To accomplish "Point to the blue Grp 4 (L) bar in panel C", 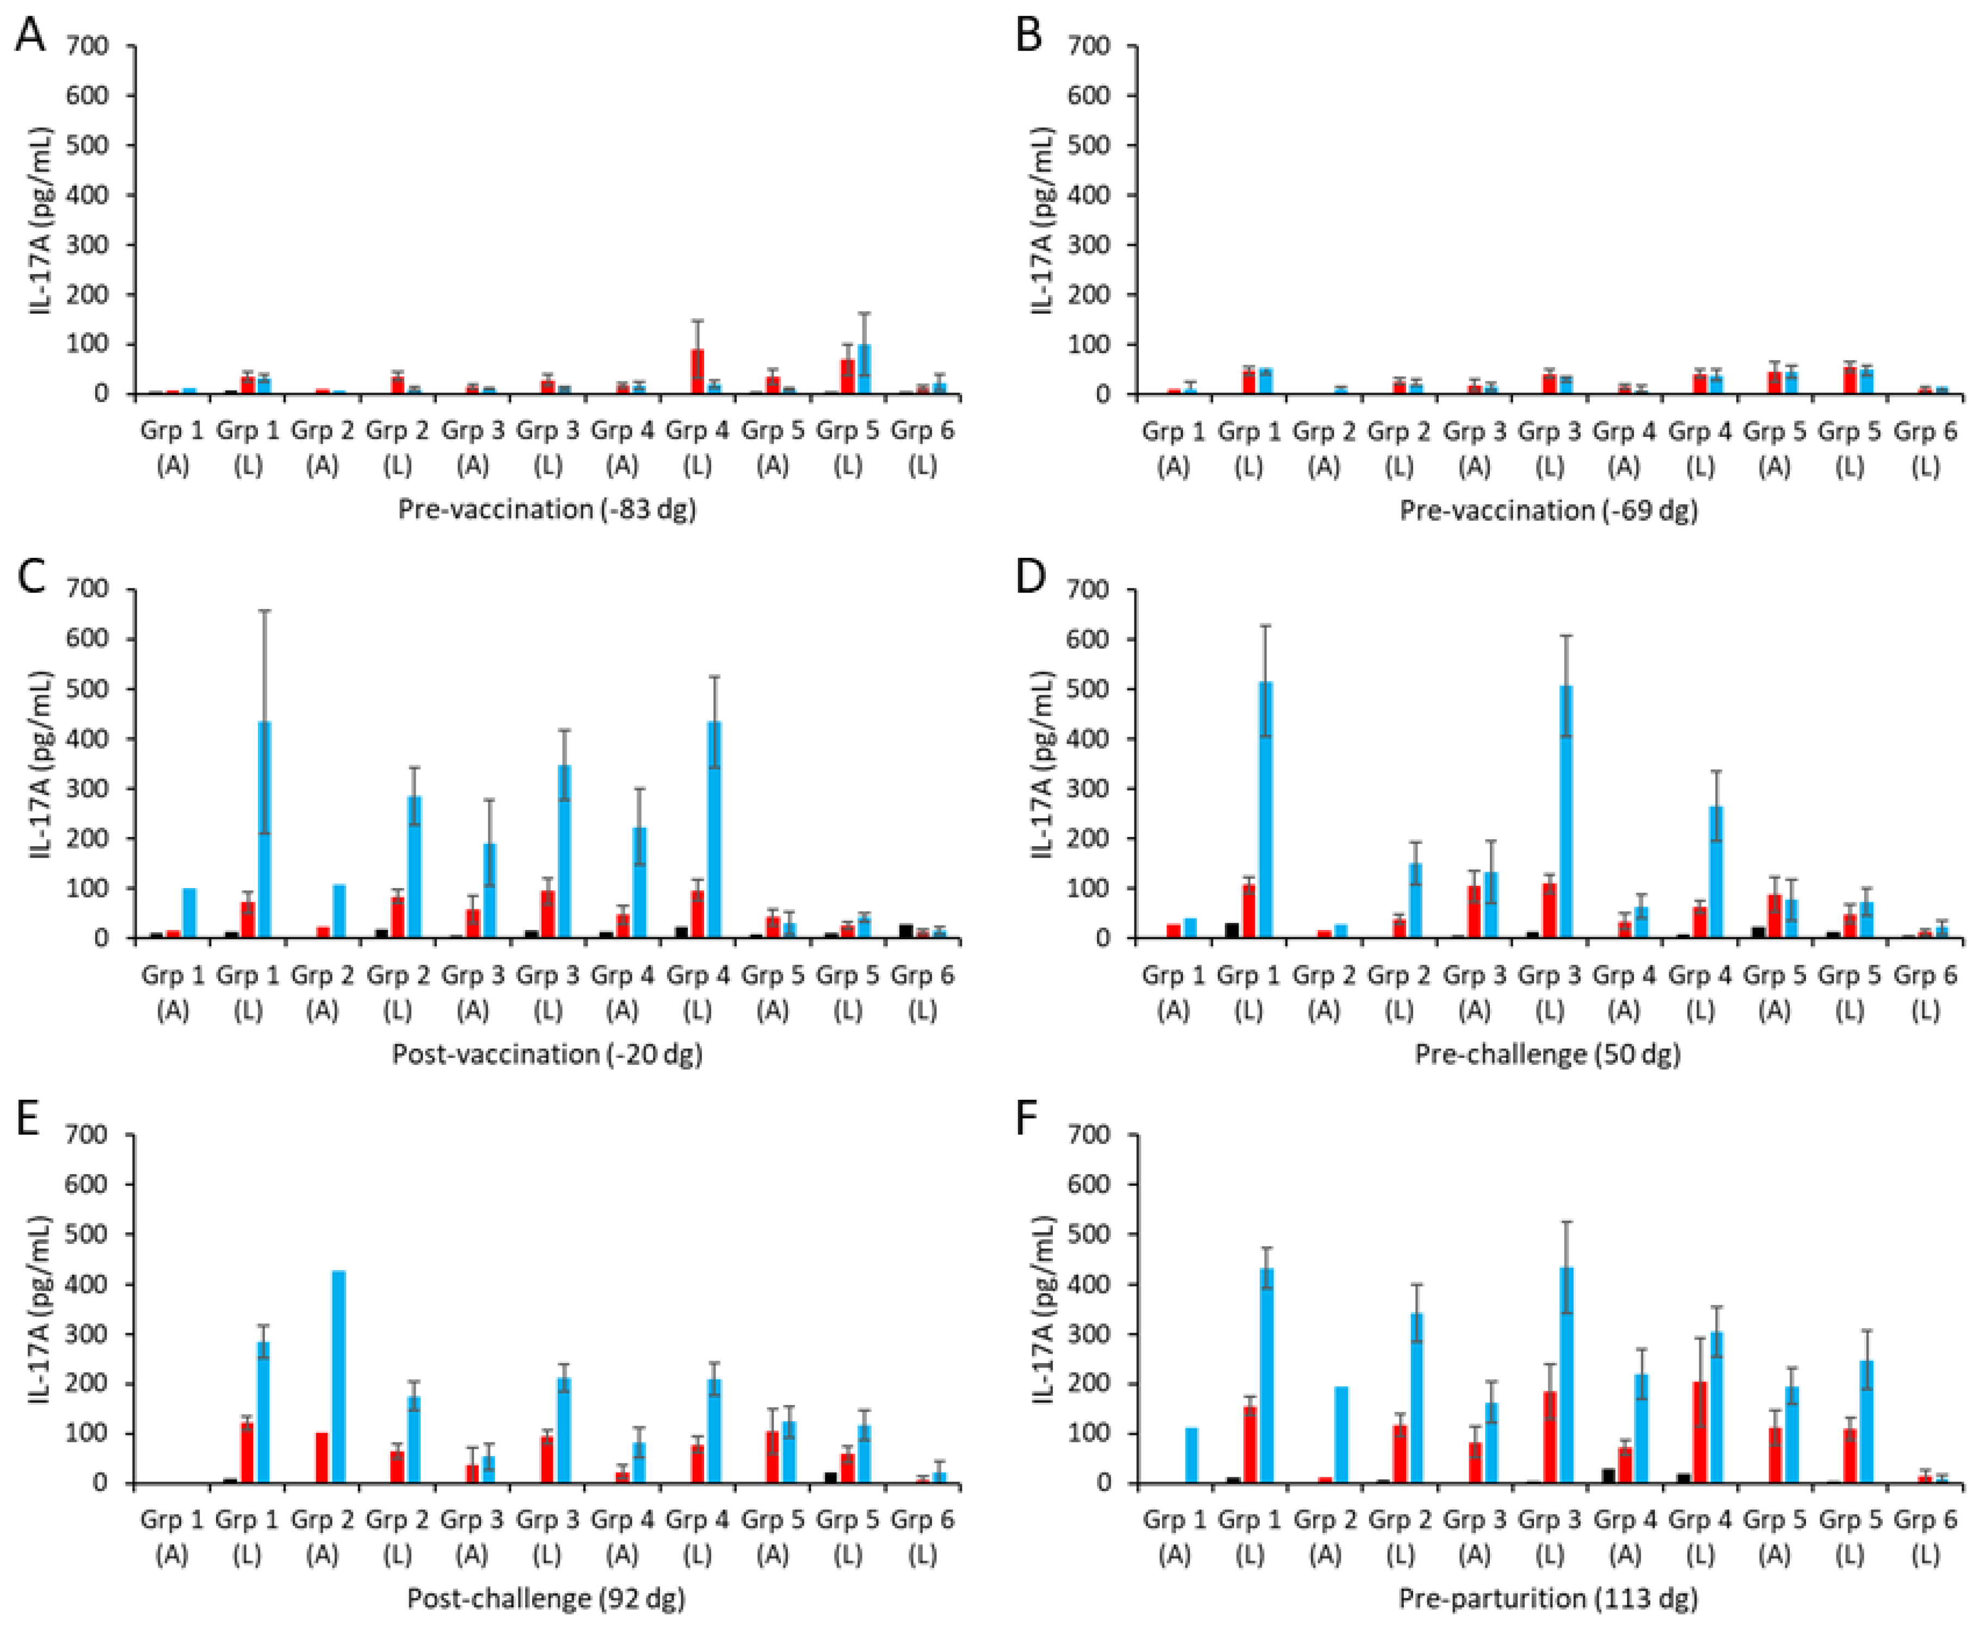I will coord(714,829).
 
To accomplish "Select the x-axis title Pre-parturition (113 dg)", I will coord(1548,1598).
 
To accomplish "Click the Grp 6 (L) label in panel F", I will coord(1925,1537).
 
